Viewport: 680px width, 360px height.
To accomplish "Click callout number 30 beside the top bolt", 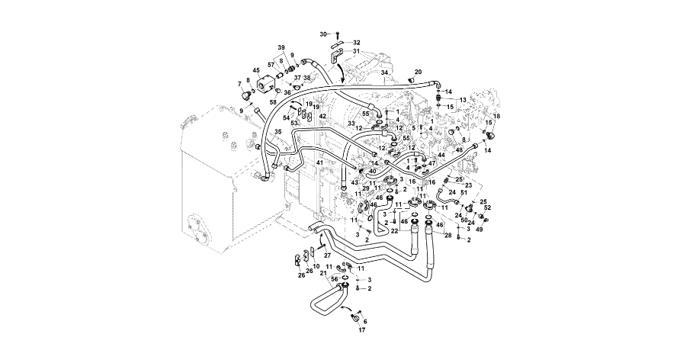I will pyautogui.click(x=323, y=34).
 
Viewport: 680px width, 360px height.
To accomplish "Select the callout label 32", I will pyautogui.click(x=357, y=43).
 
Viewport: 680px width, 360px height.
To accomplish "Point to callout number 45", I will pyautogui.click(x=256, y=70).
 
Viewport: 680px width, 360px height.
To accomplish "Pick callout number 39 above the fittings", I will pyautogui.click(x=281, y=47).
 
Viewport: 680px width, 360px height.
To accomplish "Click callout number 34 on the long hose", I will pyautogui.click(x=385, y=72).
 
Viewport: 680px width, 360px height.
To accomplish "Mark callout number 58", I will pyautogui.click(x=273, y=101).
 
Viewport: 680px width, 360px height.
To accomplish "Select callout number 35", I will pyautogui.click(x=278, y=132).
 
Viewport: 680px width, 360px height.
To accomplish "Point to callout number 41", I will pyautogui.click(x=320, y=163).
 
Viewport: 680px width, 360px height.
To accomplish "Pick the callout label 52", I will pyautogui.click(x=488, y=207).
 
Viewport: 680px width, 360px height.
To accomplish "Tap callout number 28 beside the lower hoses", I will pyautogui.click(x=448, y=235).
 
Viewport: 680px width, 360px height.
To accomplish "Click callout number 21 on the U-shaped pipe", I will pyautogui.click(x=323, y=273).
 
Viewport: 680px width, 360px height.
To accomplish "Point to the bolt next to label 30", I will pyautogui.click(x=338, y=35).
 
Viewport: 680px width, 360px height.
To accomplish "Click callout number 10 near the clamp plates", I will pyautogui.click(x=316, y=265).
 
